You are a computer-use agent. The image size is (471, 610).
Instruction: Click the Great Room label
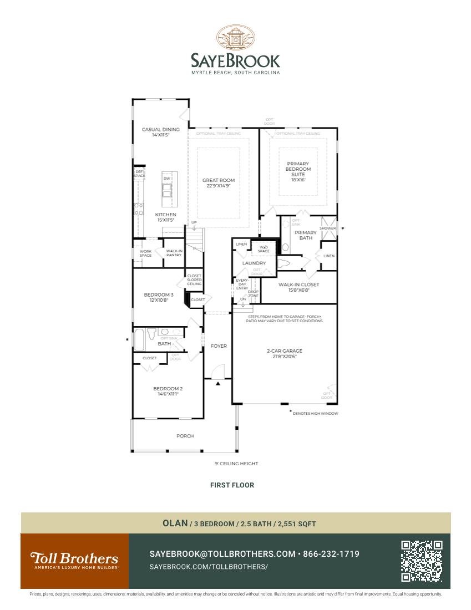coord(218,183)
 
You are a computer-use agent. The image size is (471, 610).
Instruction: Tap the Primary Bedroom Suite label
coord(298,171)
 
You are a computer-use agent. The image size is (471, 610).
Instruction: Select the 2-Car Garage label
coord(284,353)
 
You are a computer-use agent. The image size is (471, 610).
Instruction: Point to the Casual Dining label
coord(160,132)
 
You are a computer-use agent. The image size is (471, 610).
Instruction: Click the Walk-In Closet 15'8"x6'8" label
coord(298,287)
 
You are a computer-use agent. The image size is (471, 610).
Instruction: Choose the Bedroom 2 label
coord(168,391)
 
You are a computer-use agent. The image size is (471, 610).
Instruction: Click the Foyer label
coord(219,346)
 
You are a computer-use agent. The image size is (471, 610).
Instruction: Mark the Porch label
coord(185,436)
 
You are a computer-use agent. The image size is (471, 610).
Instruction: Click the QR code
coord(422,561)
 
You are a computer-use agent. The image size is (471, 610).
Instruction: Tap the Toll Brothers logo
coord(74,560)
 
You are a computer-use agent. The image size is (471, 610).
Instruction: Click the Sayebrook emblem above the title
coord(235,38)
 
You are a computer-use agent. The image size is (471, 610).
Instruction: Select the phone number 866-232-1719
coord(331,554)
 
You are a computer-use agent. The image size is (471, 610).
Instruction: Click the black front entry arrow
coord(219,383)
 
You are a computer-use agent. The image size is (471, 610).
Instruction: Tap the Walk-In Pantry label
coord(174,253)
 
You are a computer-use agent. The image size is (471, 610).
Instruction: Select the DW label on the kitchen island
coord(166,179)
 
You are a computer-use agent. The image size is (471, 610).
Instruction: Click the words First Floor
coord(232,485)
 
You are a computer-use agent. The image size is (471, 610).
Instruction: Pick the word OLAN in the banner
coord(175,523)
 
